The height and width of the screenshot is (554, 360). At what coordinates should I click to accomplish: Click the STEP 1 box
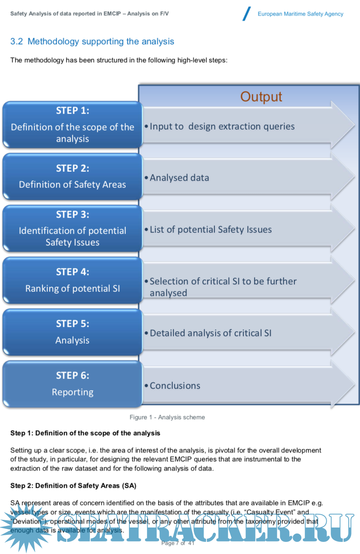tap(72, 124)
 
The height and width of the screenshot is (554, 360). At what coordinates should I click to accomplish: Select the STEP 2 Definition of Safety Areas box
tap(72, 177)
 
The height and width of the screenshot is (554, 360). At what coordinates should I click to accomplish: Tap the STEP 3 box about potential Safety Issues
tap(72, 229)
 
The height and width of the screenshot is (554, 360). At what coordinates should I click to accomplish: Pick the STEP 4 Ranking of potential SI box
tap(72, 280)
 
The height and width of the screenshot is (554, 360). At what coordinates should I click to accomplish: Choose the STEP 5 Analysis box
tap(72, 332)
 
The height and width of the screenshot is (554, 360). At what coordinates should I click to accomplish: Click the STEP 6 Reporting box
tap(72, 384)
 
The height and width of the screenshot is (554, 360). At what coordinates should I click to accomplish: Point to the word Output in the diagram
tap(261, 97)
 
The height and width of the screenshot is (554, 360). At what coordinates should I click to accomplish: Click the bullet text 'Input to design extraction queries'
tap(222, 126)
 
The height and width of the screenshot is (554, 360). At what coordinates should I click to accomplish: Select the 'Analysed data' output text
tap(179, 178)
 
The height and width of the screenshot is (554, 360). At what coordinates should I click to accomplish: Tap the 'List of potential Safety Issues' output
tap(211, 230)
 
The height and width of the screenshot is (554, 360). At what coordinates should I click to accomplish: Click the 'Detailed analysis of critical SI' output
tap(211, 333)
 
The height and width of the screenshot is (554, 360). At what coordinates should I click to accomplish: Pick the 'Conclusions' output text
tap(175, 386)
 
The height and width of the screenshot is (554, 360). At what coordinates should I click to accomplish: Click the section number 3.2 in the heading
tap(16, 41)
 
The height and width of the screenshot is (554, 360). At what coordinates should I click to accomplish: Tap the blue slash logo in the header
tap(247, 14)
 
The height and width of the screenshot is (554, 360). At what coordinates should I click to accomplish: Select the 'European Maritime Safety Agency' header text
tap(301, 14)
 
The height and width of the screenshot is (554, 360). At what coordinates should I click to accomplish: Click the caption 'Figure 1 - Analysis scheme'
tap(167, 417)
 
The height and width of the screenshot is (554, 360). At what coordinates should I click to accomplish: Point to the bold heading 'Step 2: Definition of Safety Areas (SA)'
tap(73, 486)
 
